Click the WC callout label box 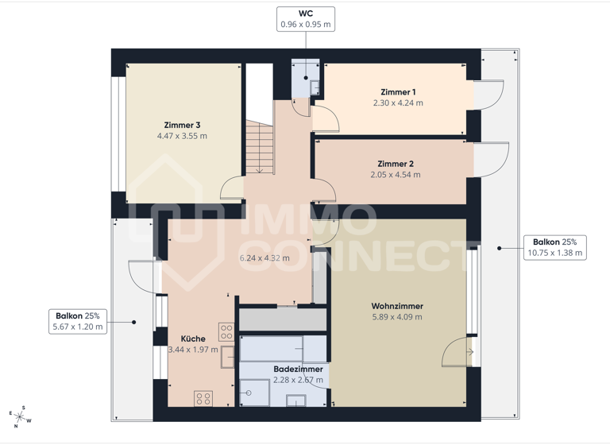(305, 19)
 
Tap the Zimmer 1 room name (398, 92)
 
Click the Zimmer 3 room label (182, 125)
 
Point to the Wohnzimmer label (397, 306)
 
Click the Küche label (193, 338)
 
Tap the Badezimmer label (298, 370)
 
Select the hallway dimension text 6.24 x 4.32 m (265, 257)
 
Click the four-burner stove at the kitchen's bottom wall (203, 398)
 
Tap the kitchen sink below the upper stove (227, 354)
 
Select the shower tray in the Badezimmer (256, 391)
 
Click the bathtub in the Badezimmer (282, 348)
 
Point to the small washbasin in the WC (315, 87)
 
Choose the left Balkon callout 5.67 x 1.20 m (79, 320)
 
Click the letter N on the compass (15, 426)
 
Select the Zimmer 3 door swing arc (232, 187)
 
